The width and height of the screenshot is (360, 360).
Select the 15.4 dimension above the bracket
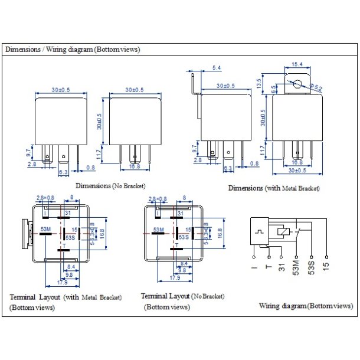pyautogui.click(x=297, y=64)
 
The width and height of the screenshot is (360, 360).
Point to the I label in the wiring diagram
pyautogui.click(x=254, y=266)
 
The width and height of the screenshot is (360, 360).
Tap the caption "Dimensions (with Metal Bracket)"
pyautogui.click(x=274, y=188)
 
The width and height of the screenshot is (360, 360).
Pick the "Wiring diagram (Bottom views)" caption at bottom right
pyautogui.click(x=306, y=306)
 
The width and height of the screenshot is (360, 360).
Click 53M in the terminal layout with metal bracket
pyautogui.click(x=45, y=228)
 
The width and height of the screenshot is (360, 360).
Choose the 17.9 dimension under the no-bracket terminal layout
pyautogui.click(x=175, y=277)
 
